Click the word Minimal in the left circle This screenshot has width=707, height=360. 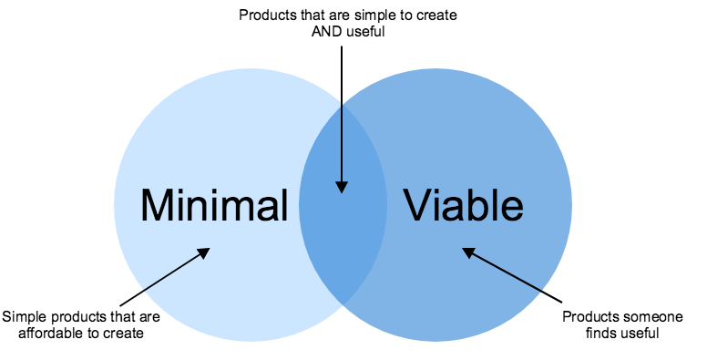coord(213,205)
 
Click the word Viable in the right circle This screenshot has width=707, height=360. coord(465,205)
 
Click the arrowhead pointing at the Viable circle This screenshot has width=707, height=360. coord(466,251)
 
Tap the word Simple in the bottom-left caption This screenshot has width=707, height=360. coord(22,317)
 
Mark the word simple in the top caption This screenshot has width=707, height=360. coord(353,15)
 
